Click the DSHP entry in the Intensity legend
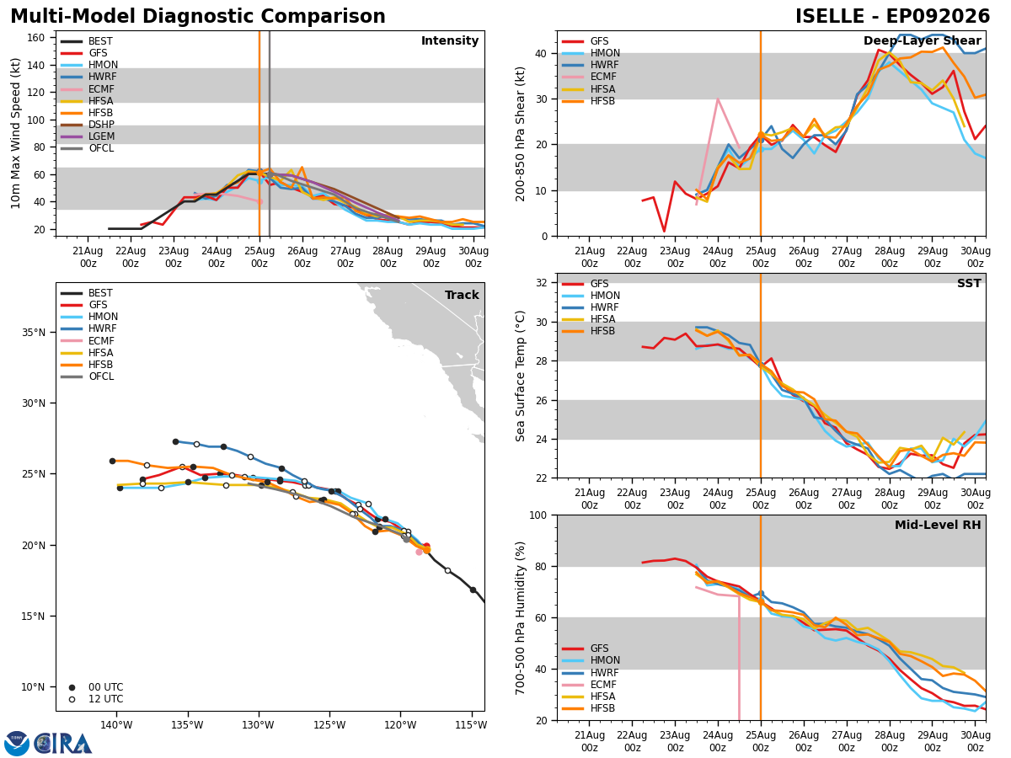88,125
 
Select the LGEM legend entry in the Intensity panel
88,136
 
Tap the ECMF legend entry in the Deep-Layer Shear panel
589,77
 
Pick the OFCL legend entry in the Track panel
88,376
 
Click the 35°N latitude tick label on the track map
34,333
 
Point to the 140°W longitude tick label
116,725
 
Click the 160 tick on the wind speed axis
35,38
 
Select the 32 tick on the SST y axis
541,283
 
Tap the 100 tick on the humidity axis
538,515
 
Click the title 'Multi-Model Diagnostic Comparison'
198,16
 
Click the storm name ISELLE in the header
830,16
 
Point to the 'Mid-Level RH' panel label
938,525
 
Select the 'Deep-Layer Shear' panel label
922,40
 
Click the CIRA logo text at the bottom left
62,744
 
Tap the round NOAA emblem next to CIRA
17,743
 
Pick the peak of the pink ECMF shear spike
718,99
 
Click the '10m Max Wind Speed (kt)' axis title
15,133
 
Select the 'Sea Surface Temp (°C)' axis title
520,376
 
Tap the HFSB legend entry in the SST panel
589,331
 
